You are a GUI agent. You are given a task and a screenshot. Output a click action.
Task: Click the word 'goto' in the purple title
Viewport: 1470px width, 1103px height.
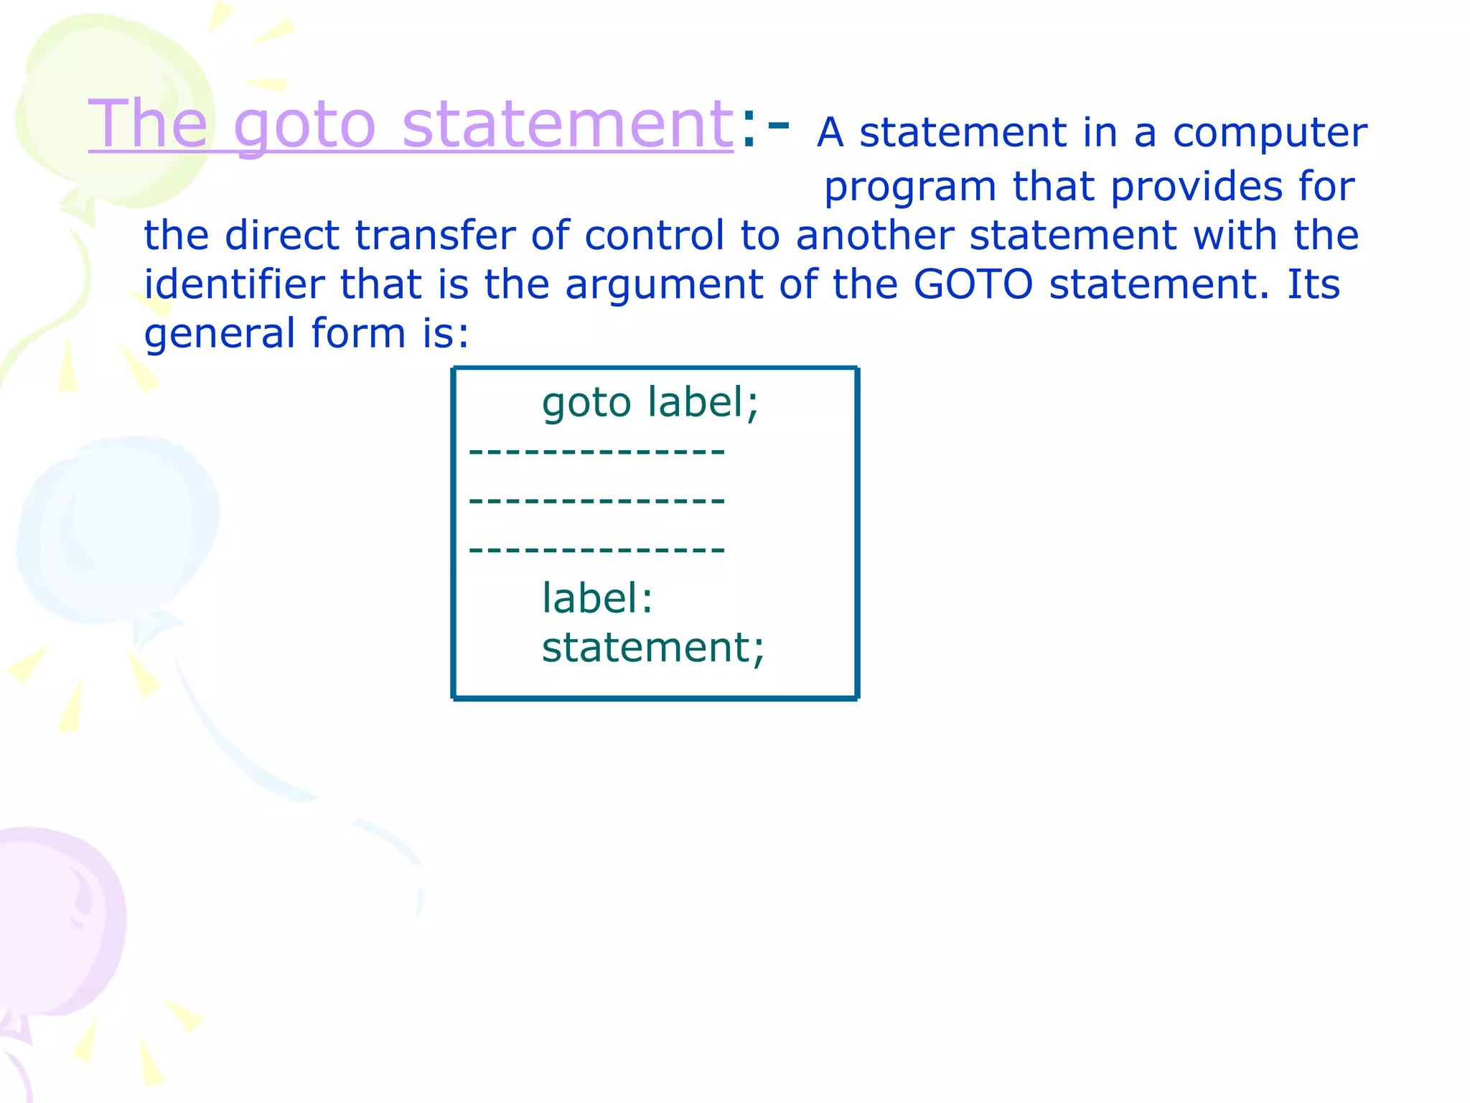[304, 126]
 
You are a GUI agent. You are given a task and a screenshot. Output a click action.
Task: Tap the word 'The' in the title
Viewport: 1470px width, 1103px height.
[148, 124]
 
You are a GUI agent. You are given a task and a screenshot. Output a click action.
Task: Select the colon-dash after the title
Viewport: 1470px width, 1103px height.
[764, 129]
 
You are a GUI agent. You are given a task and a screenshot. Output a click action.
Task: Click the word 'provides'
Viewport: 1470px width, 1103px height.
[1195, 187]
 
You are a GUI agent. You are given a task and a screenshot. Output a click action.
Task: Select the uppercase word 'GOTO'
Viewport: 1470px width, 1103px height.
[973, 284]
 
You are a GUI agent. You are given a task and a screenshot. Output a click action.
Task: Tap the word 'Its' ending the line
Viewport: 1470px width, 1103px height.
[1313, 284]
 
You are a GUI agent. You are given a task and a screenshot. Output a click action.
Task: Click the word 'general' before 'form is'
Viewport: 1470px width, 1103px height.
[220, 335]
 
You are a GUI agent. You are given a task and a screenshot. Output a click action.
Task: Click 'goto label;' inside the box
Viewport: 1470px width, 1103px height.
[650, 402]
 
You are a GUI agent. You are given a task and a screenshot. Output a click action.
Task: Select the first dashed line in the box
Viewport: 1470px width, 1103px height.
[596, 452]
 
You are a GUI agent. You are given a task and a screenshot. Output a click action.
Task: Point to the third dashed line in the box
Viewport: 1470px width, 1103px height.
[596, 550]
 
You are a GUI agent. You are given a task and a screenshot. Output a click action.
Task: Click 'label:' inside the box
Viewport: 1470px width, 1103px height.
[596, 598]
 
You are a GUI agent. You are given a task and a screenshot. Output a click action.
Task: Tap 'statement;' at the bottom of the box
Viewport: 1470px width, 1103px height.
[652, 648]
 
